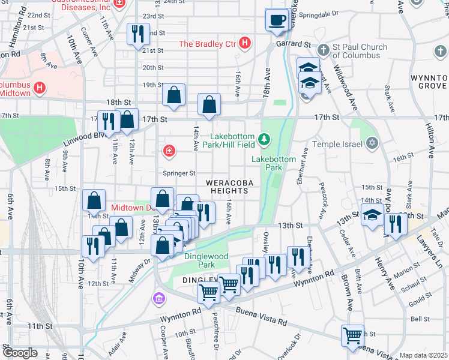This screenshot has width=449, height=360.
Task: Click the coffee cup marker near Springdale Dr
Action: [x=277, y=20]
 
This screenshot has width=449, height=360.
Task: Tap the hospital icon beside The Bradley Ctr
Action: [x=244, y=43]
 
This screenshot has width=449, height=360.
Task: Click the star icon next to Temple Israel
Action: [x=372, y=143]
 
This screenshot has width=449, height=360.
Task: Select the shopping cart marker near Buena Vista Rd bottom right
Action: [x=352, y=335]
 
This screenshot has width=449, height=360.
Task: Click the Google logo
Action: [x=20, y=352]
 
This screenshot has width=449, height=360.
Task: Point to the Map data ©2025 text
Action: [x=424, y=355]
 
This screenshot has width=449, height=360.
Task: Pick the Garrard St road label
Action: [x=294, y=44]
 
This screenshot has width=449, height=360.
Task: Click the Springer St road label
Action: [x=179, y=173]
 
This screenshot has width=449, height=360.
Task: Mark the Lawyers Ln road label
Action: [x=433, y=250]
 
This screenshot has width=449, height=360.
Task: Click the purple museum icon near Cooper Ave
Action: [x=159, y=298]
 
